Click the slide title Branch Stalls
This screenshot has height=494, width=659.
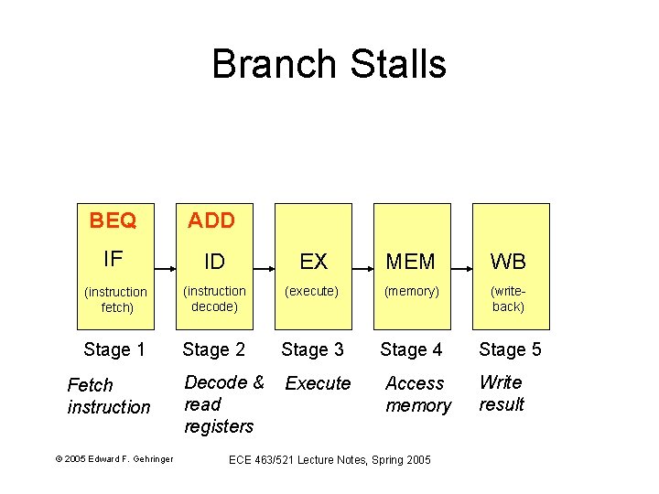click(329, 64)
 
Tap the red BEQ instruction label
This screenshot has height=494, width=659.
click(113, 220)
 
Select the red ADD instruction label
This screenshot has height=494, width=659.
click(211, 220)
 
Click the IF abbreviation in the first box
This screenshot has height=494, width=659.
click(113, 259)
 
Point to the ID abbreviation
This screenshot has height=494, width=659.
click(214, 262)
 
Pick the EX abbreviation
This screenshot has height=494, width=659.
click(313, 262)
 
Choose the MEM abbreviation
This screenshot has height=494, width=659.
click(411, 262)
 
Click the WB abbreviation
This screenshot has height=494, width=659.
click(508, 262)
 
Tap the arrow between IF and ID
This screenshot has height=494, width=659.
click(166, 269)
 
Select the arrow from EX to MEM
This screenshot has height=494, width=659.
click(362, 269)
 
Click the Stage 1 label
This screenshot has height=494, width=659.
click(114, 349)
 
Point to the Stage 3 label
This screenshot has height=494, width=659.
click(312, 349)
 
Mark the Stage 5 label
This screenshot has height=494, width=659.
click(510, 349)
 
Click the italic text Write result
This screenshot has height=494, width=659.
click(502, 393)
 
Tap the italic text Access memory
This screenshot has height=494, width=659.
click(417, 394)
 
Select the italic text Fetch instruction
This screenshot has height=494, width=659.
click(108, 396)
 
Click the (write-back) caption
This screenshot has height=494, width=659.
click(508, 299)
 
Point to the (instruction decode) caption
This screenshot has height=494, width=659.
click(214, 299)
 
